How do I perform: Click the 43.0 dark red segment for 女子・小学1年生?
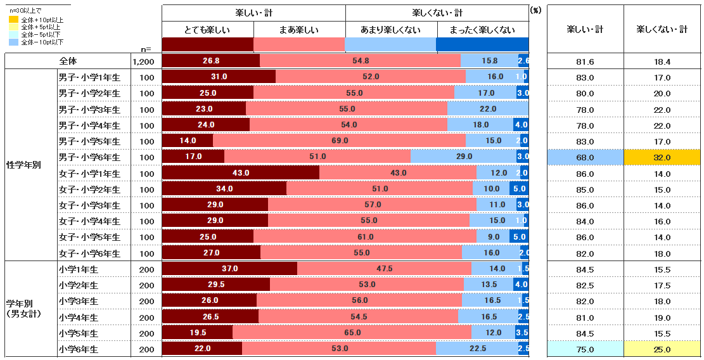pos(241,173)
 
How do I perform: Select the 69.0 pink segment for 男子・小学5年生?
pos(340,141)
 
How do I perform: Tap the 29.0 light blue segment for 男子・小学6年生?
pos(464,157)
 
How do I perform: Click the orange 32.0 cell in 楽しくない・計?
pos(662,157)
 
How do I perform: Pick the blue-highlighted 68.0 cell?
pos(585,157)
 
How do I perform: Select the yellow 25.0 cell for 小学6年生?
pos(662,349)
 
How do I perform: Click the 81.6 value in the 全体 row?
pos(585,61)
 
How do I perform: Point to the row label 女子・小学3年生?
pos(89,205)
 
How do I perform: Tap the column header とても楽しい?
pos(208,30)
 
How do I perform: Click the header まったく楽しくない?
pos(482,30)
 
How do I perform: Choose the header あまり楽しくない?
pos(391,30)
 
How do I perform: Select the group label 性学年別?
pos(23,165)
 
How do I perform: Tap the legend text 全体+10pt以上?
pos(42,20)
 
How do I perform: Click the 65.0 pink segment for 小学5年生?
pos(352,333)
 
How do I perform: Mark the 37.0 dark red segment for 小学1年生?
pos(229,269)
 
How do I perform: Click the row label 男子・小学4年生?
pos(89,125)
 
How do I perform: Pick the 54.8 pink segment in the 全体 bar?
pos(360,61)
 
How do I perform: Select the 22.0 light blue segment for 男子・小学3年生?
pos(487,109)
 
